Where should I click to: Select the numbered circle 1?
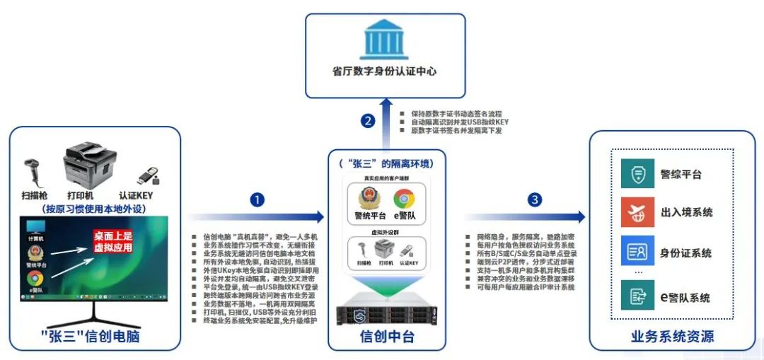click(x=257, y=200)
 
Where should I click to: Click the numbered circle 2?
click(x=367, y=120)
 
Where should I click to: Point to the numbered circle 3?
click(x=535, y=200)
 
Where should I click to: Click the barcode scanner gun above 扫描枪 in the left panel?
click(x=35, y=167)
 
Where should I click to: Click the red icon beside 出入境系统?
click(x=632, y=212)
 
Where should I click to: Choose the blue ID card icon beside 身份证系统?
click(x=632, y=252)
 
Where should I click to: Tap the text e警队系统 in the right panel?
click(x=685, y=298)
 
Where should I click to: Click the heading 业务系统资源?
click(x=671, y=337)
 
